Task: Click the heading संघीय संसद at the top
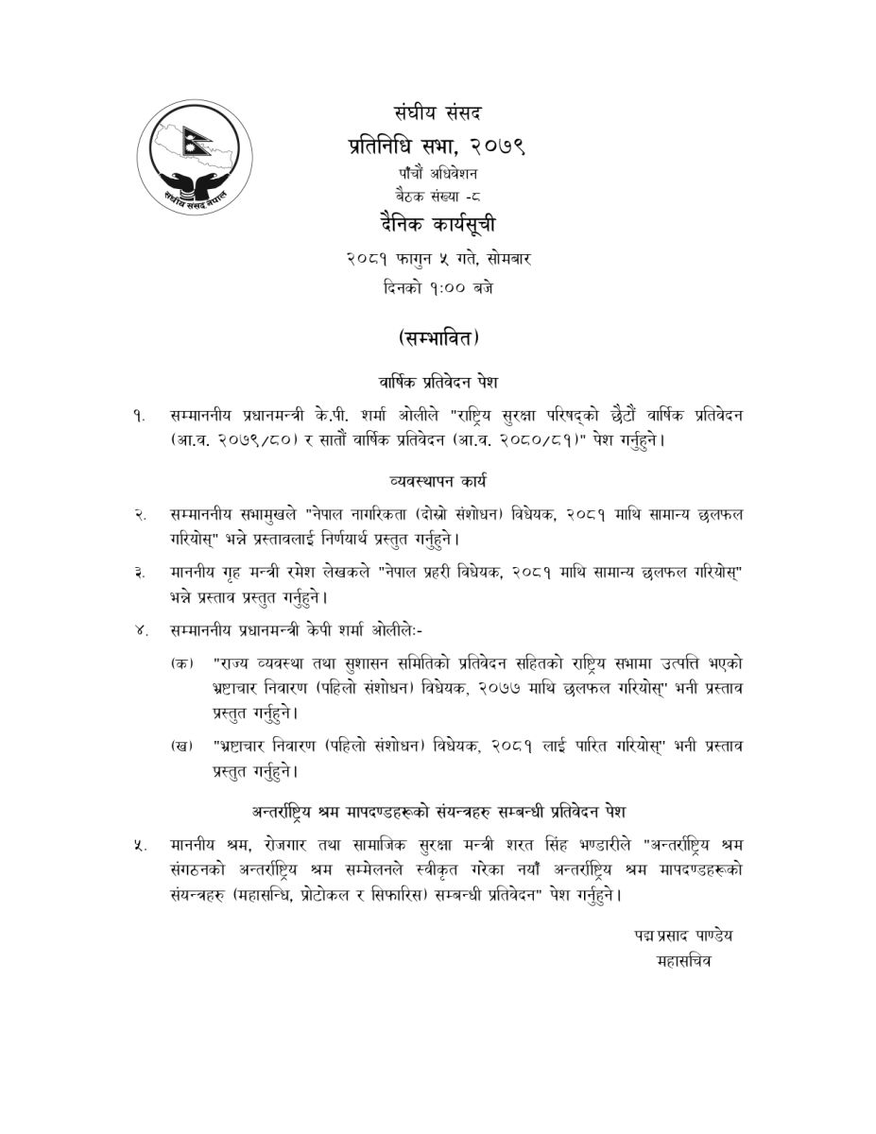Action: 438,114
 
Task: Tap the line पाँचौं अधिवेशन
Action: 438,175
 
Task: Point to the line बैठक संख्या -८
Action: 438,198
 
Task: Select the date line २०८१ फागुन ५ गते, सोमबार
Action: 438,258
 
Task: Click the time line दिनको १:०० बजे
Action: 438,287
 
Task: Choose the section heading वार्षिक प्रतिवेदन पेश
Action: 438,382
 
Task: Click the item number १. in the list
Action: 140,417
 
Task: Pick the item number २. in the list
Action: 140,515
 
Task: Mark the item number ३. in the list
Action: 140,573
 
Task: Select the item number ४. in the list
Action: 140,630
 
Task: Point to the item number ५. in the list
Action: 140,844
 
